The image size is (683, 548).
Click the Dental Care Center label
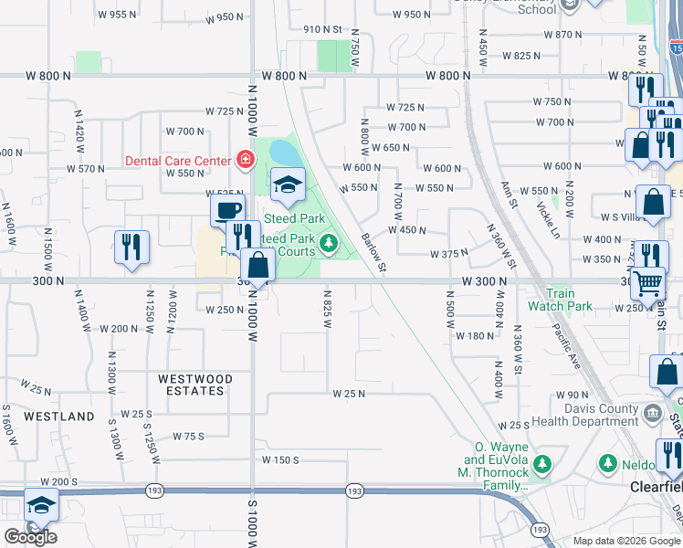pos(178,161)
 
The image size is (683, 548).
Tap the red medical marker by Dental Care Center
pos(245,161)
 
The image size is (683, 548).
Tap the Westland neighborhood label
pos(58,416)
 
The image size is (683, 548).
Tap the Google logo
pos(30,537)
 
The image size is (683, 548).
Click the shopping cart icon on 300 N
pos(647,284)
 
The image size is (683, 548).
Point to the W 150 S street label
pos(281,459)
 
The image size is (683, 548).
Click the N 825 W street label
pos(327,311)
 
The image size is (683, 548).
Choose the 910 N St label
pos(322,30)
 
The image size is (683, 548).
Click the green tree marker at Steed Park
pos(329,242)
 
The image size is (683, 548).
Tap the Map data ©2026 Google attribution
pos(625,541)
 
